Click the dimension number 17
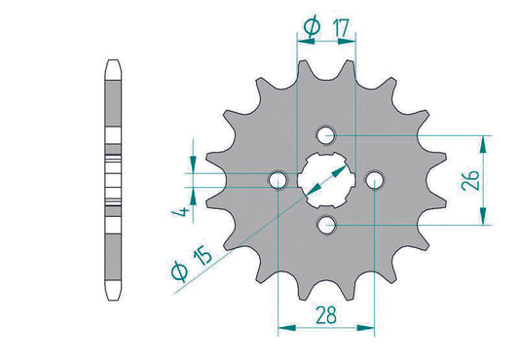pos(340,31)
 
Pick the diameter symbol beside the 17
pos(310,31)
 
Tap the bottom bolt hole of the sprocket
pos(327,226)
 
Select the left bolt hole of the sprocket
pos(279,179)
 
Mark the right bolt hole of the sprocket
pos(375,179)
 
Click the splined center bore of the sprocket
pos(327,179)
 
